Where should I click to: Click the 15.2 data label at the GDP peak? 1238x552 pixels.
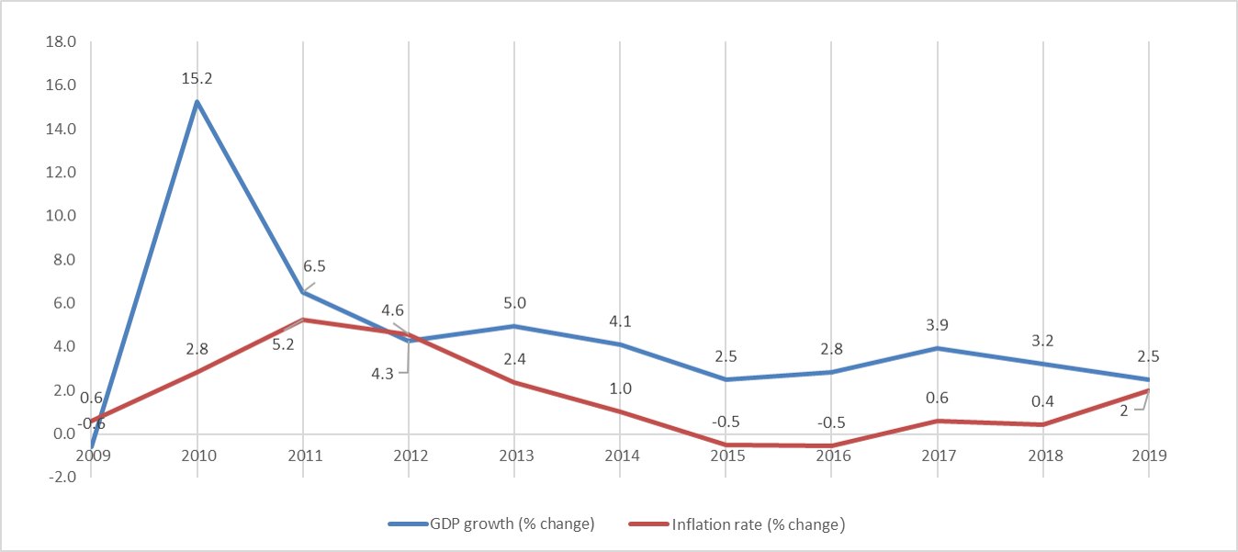point(197,80)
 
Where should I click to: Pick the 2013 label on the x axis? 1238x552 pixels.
point(513,456)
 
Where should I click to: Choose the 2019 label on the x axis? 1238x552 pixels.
point(1148,456)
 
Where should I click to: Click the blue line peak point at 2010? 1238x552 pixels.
point(197,102)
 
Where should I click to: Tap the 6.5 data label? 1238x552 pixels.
point(314,266)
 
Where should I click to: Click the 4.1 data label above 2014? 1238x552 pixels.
point(620,321)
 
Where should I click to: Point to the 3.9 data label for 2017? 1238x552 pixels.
point(937,326)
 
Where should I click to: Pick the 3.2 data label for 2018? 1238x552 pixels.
point(1042,341)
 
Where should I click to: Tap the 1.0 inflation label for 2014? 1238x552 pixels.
point(620,389)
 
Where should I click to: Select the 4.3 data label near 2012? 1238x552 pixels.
point(382,373)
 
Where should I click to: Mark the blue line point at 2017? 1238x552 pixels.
point(937,348)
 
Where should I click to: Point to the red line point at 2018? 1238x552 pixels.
point(1042,424)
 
